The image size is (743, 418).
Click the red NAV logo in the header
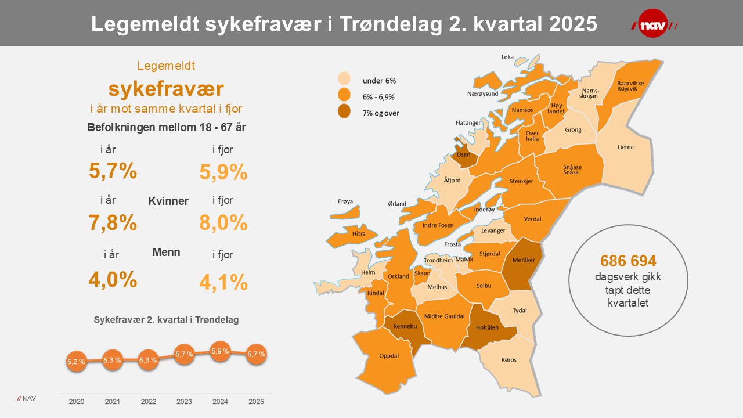click(x=653, y=23)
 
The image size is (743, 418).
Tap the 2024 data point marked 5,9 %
click(x=220, y=351)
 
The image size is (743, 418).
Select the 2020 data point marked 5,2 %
click(x=77, y=361)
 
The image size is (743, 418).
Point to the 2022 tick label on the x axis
click(x=148, y=402)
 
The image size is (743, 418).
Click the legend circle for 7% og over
click(x=345, y=113)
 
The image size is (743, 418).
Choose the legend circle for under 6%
click(x=345, y=80)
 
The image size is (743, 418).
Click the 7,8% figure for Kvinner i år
click(x=113, y=222)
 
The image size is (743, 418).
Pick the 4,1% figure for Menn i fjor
click(x=223, y=282)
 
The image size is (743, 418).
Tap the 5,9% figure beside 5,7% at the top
click(x=223, y=172)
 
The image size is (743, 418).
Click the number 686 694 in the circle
click(x=628, y=261)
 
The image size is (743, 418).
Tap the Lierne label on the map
click(x=625, y=147)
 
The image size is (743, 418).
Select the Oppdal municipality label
click(x=388, y=356)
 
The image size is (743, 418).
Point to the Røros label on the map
click(x=508, y=360)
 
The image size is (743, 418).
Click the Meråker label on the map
click(x=524, y=260)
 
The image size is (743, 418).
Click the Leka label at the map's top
click(x=507, y=57)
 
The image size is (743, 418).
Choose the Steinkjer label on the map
click(x=521, y=181)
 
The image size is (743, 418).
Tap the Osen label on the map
click(x=463, y=155)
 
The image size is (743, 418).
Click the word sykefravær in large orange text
click(x=166, y=89)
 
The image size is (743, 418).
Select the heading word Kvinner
click(x=168, y=201)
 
